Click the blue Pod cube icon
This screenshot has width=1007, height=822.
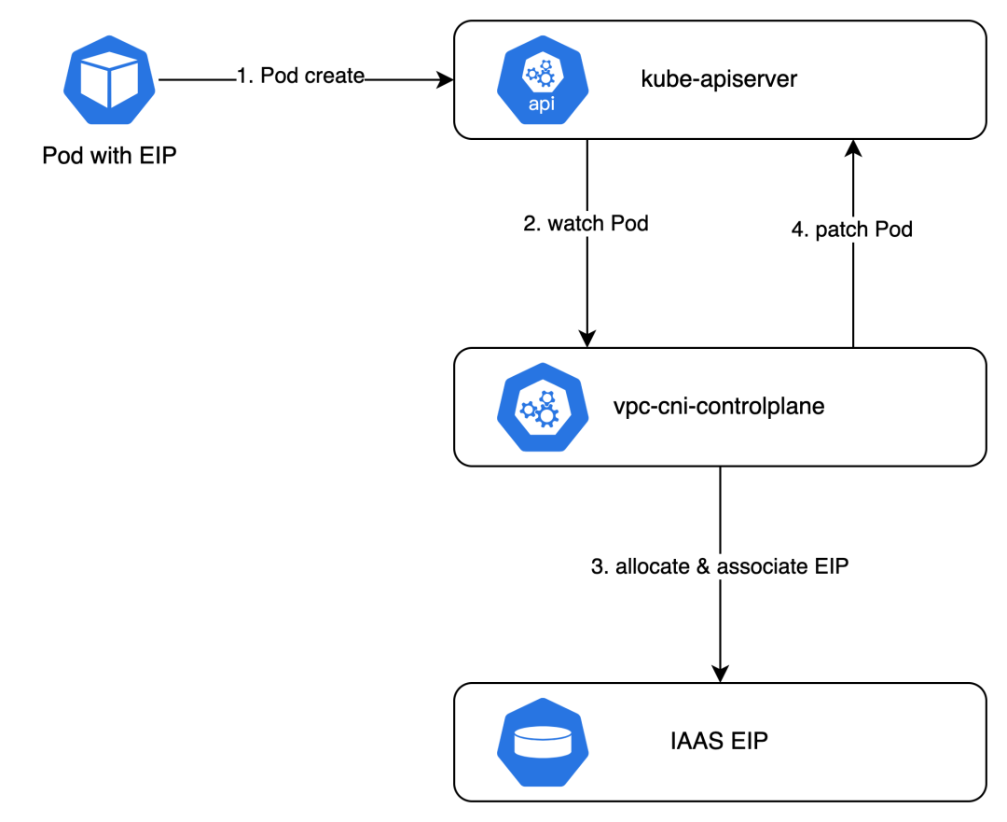(110, 80)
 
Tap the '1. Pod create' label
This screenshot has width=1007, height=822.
(299, 77)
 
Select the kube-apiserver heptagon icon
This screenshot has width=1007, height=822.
(541, 80)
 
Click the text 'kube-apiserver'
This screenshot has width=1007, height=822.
(719, 79)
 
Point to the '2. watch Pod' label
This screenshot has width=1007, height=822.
(586, 224)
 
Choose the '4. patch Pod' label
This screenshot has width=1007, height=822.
(851, 230)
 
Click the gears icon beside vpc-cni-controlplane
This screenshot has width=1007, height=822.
(541, 407)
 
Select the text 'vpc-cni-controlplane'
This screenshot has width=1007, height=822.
(719, 407)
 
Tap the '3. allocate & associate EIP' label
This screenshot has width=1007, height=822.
(720, 566)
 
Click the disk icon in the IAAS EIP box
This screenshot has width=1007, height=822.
(541, 743)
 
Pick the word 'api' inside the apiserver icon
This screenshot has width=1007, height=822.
(541, 104)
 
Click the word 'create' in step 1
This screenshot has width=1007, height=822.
(332, 77)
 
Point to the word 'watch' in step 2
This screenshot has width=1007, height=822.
(576, 224)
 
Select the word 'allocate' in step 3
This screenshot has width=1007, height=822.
(653, 566)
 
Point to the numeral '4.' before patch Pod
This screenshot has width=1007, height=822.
(801, 230)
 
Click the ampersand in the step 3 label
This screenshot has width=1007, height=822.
(703, 566)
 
